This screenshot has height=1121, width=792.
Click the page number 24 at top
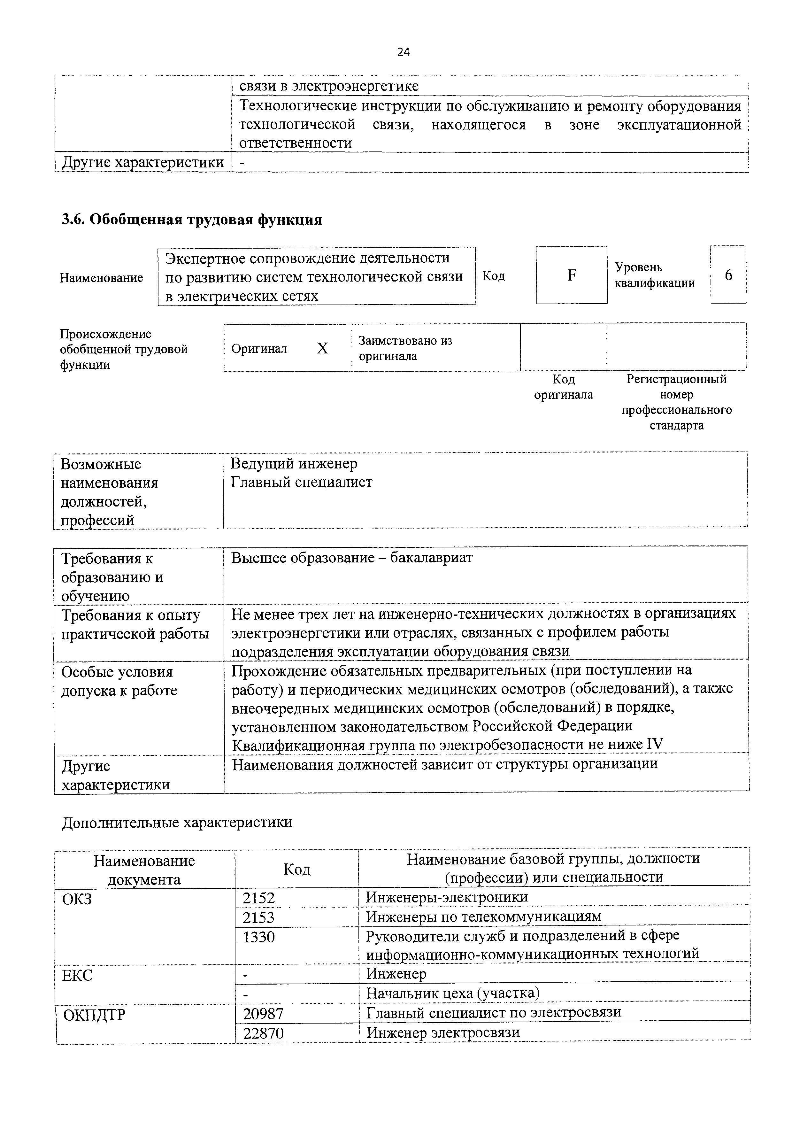(x=403, y=52)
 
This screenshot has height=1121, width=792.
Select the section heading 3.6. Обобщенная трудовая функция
(x=192, y=220)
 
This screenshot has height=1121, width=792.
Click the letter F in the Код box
(x=572, y=275)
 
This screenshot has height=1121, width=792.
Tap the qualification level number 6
(x=728, y=275)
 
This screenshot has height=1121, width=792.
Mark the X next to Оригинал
(x=323, y=348)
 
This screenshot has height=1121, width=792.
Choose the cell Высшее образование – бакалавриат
(x=351, y=558)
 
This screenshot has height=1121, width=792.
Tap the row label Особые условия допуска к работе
(x=119, y=681)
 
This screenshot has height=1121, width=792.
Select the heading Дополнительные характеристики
(x=177, y=822)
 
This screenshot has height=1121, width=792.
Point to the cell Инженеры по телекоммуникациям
(x=483, y=916)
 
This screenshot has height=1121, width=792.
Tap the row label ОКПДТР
(x=95, y=1015)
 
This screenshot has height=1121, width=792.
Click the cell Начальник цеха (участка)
(x=453, y=993)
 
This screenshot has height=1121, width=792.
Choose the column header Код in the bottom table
(x=297, y=870)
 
